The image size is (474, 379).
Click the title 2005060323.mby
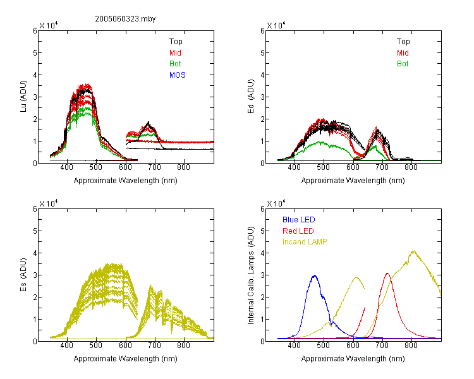click(x=125, y=19)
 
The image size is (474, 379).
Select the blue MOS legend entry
click(x=178, y=75)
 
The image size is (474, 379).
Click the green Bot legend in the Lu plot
click(x=175, y=64)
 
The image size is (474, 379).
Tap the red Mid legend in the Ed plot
click(x=403, y=53)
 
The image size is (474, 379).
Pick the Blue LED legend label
click(x=299, y=220)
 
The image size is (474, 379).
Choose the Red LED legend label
click(x=298, y=231)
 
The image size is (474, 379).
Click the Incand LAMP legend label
click(x=305, y=242)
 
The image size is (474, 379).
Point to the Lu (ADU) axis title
click(x=23, y=96)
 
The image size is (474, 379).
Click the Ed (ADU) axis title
click(x=251, y=96)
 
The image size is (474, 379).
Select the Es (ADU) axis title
click(x=23, y=274)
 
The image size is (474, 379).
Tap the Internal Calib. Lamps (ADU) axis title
click(x=251, y=275)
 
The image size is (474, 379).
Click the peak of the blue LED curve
click(x=315, y=275)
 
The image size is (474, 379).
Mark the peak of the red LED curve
click(x=387, y=274)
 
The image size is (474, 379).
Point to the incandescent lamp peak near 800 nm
click(x=413, y=251)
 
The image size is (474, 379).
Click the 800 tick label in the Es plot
click(x=183, y=346)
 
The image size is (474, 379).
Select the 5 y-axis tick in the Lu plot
click(x=35, y=53)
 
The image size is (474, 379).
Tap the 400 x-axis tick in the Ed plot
click(x=294, y=167)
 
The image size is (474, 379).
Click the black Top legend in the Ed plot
click(x=403, y=42)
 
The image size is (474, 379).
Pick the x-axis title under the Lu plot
click(x=126, y=181)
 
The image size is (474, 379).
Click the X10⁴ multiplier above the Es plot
click(x=49, y=203)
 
